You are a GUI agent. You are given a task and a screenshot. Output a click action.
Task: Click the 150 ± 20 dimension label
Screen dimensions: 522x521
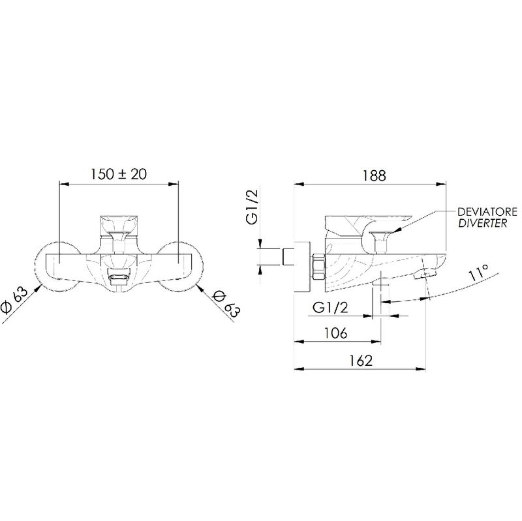pyautogui.click(x=119, y=174)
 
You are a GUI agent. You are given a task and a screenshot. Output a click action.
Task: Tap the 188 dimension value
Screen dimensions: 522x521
pyautogui.click(x=375, y=175)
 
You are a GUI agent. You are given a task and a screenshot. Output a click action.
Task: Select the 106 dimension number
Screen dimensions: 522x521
pyautogui.click(x=335, y=333)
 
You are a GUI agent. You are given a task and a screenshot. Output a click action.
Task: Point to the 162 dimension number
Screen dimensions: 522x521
pyautogui.click(x=361, y=361)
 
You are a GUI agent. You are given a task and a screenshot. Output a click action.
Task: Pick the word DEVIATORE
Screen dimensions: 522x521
pyautogui.click(x=487, y=211)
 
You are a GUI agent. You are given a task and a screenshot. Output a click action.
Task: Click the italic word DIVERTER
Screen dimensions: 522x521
pyautogui.click(x=482, y=223)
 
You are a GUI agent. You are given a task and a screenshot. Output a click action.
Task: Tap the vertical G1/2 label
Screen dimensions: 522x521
pyautogui.click(x=252, y=207)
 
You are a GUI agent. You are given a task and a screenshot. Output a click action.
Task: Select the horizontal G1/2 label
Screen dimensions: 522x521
pyautogui.click(x=330, y=307)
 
